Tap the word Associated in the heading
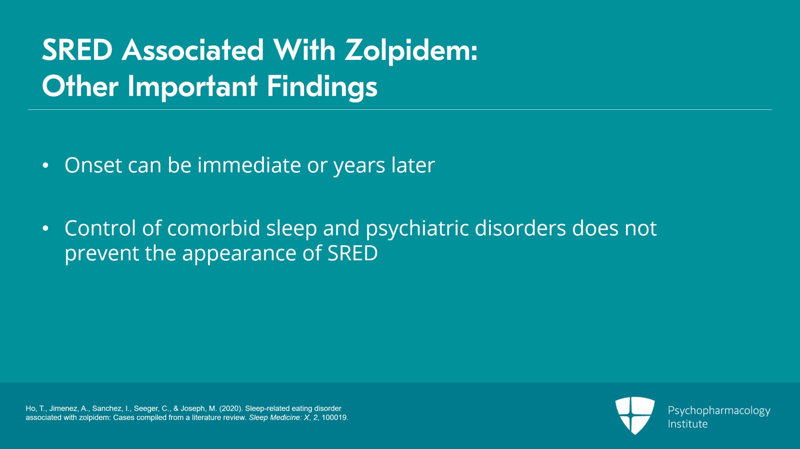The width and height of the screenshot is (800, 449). point(193,50)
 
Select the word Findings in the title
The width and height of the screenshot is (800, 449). point(322,86)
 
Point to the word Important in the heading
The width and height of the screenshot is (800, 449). point(192,87)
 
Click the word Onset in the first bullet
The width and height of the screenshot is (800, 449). point(93,165)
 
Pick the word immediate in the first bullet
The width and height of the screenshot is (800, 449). point(249,165)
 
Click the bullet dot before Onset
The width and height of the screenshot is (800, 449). point(45,165)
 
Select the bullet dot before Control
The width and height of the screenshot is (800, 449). point(45,228)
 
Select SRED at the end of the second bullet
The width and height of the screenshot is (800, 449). point(352,253)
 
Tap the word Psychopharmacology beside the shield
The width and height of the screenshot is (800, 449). point(719,411)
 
